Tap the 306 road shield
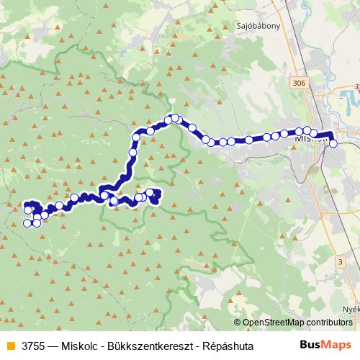coord(300,84)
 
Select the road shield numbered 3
coord(339,261)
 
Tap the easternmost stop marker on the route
coord(333,143)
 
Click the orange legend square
coord(10,346)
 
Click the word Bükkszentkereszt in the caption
coord(152,346)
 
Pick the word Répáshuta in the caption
coord(228,346)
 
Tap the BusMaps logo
coord(322,345)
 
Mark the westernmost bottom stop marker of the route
coord(28,223)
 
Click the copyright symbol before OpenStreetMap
coord(237,323)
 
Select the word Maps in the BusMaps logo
coord(335,345)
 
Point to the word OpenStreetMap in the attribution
coord(273,323)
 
